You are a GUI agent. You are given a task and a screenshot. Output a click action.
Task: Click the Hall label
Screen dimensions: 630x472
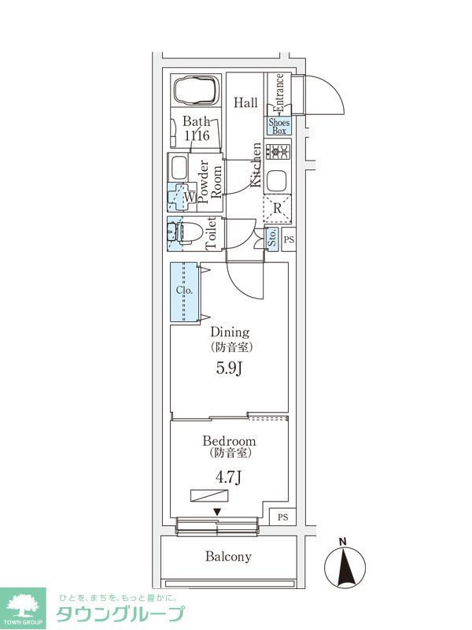246,102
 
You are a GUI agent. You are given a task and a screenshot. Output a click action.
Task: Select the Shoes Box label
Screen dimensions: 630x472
279,127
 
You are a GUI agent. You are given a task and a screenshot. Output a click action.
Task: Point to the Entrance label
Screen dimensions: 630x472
278,92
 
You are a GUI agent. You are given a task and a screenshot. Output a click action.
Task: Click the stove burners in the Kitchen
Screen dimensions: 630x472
278,151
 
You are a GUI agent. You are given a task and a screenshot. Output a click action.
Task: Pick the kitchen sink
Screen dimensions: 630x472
278,180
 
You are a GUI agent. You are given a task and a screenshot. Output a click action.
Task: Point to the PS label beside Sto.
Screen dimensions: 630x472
289,240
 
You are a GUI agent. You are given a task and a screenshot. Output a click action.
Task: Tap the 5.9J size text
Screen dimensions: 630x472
229,368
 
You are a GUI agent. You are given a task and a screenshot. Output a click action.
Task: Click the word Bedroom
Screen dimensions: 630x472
229,441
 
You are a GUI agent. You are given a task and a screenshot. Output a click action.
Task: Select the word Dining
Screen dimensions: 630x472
230,332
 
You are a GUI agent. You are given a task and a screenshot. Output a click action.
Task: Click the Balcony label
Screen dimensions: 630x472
228,557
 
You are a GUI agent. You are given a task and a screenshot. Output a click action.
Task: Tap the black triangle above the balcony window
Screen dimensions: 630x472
217,512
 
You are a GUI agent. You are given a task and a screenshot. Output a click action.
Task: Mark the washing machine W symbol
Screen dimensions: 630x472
190,198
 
